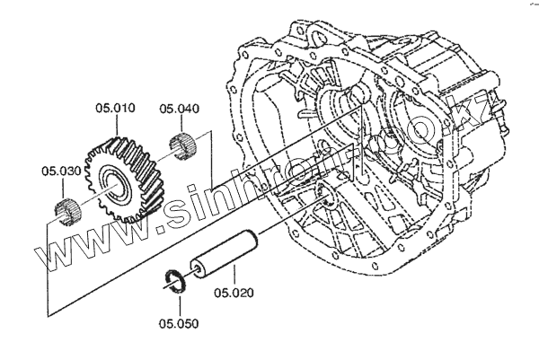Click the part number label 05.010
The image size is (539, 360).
coord(115,110)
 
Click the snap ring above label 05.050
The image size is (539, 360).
coord(175,279)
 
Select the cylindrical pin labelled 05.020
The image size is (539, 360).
coord(225,256)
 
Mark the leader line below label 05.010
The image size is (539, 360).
coord(115,126)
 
